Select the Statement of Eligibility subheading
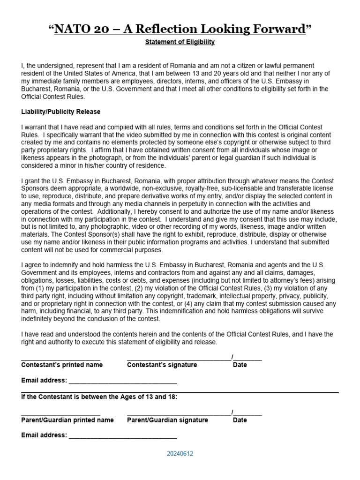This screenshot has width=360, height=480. (x=180, y=42)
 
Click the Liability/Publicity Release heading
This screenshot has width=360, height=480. (x=60, y=112)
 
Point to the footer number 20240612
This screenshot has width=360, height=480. (x=180, y=454)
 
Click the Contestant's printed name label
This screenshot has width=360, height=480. (x=62, y=365)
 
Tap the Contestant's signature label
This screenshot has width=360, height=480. (x=162, y=365)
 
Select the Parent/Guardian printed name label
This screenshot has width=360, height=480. (x=67, y=420)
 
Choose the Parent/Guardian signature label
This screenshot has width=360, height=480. (x=167, y=420)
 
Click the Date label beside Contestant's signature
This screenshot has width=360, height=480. (x=240, y=365)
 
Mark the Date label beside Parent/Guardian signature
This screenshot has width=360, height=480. (x=240, y=420)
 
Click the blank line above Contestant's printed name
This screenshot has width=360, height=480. (x=60, y=360)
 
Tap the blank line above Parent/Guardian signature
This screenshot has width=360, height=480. (x=179, y=415)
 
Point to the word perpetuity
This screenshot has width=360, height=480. (x=195, y=204)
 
